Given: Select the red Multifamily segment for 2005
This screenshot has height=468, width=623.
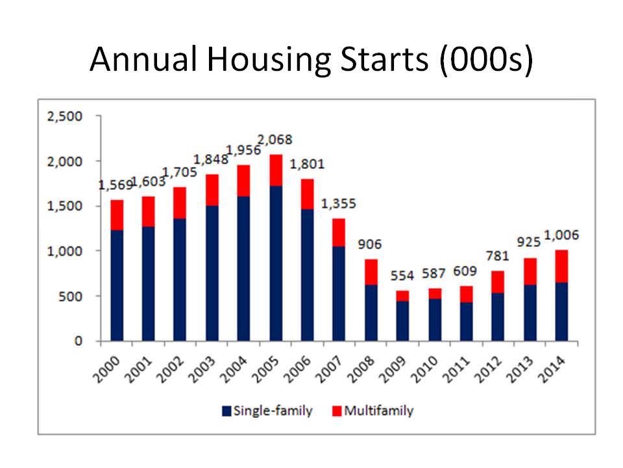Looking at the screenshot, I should pos(276,170).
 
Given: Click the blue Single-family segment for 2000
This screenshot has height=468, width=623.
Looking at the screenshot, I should pos(117,285).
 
